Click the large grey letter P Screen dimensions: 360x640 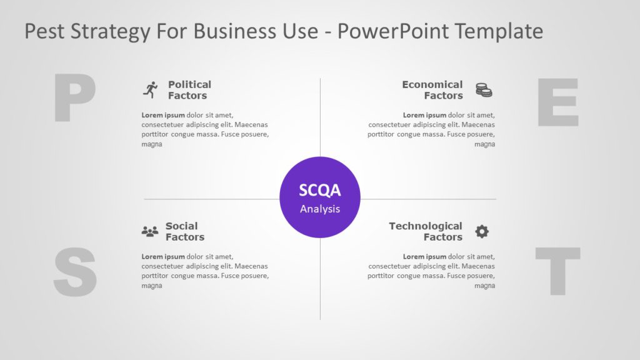click(74, 97)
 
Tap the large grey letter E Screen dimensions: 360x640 click(557, 102)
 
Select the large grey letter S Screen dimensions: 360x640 click(75, 272)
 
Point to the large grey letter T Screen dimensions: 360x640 click(557, 271)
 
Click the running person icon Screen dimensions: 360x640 click(150, 90)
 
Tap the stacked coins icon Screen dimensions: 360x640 click(483, 90)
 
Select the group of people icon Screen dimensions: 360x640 click(150, 232)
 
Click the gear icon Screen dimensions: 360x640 click(481, 232)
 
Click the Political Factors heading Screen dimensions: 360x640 click(189, 90)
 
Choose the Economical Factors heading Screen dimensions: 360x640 click(432, 90)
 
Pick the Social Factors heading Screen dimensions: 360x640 click(184, 231)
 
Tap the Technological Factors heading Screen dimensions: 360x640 click(426, 231)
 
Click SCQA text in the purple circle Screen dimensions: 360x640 click(320, 191)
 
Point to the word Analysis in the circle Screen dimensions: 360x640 click(320, 209)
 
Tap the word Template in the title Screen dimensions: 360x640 click(505, 31)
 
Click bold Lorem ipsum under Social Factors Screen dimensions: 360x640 click(163, 256)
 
